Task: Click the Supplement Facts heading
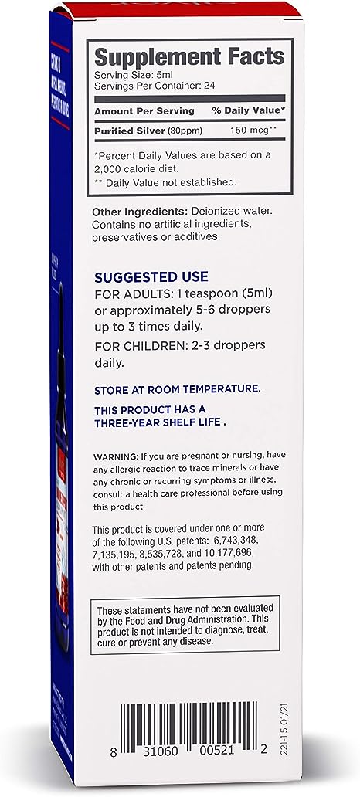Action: pyautogui.click(x=188, y=56)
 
